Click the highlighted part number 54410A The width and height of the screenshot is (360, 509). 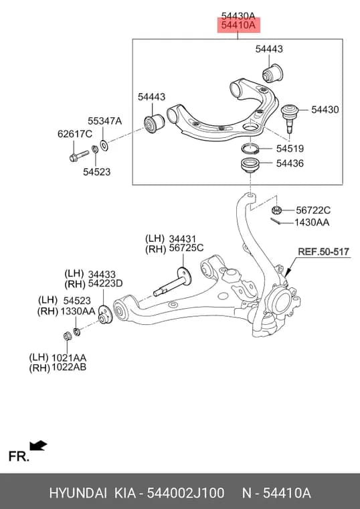coord(238,25)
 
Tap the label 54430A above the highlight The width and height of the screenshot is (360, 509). coord(238,16)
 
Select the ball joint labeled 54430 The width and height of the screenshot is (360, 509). coord(290,117)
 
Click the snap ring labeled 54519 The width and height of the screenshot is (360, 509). coord(250,149)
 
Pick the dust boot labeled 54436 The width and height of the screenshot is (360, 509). coord(250,165)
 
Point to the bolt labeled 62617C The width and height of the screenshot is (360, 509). coord(79,156)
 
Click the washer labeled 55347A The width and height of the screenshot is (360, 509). coord(104,145)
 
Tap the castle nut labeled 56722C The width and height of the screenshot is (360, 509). coord(276,210)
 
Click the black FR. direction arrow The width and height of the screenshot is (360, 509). coord(38,445)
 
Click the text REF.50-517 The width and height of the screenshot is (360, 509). coord(323,252)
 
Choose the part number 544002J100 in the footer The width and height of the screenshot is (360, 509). coord(185,493)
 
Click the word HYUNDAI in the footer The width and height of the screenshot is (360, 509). coord(78,493)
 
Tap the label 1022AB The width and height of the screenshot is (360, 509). coord(69,367)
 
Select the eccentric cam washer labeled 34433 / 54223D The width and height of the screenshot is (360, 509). coord(105,314)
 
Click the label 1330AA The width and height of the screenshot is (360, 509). coord(77,311)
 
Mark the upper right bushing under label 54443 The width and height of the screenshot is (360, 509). coord(272,73)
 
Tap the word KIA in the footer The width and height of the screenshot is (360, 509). coord(125,493)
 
